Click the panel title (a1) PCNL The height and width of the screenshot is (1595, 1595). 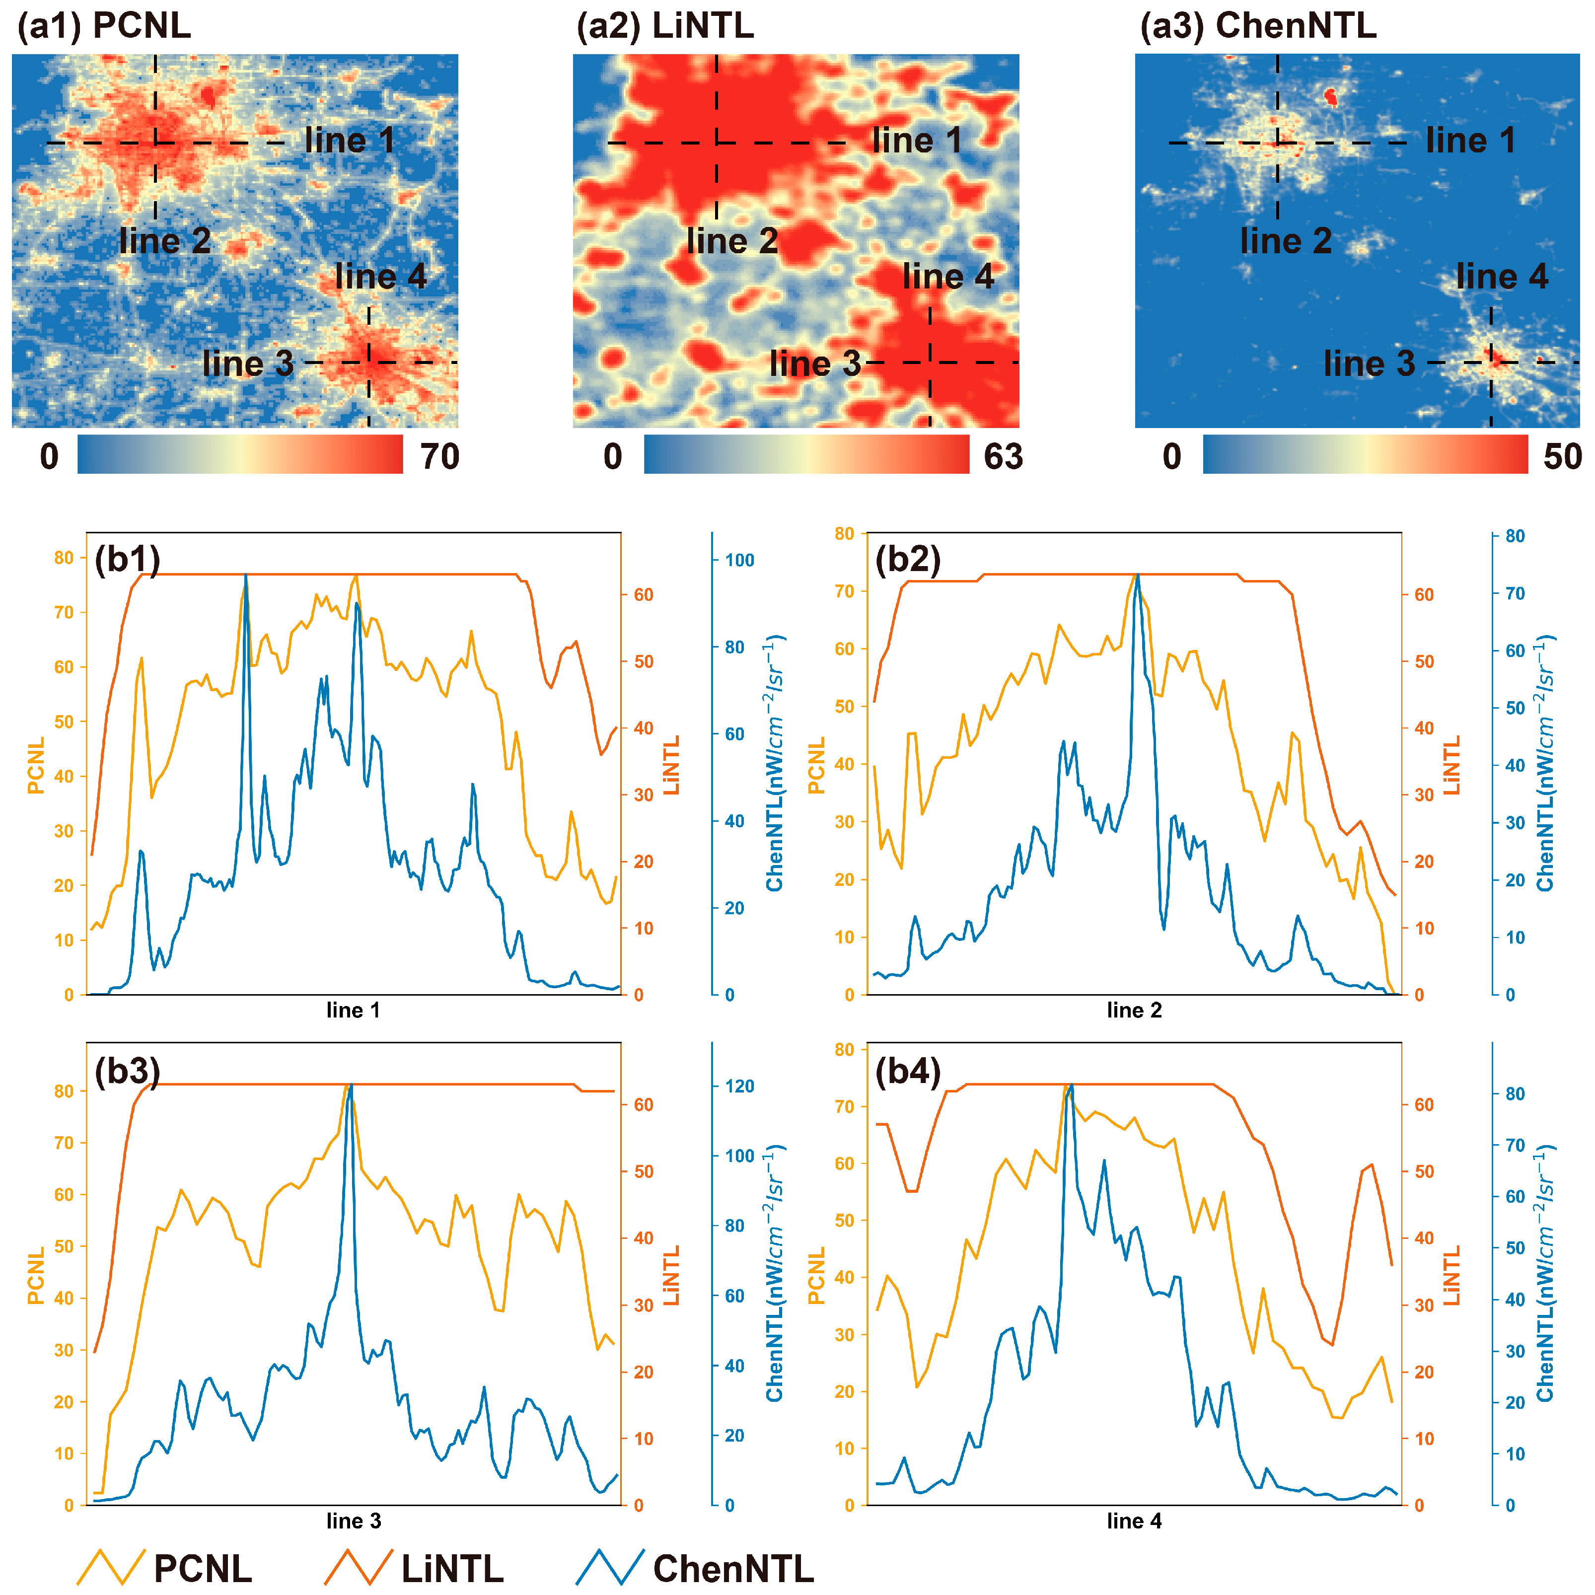point(104,26)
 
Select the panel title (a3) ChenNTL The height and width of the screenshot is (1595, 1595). point(1257,26)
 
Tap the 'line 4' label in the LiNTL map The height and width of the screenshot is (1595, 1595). point(948,277)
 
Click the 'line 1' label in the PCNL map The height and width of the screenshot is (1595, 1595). point(349,141)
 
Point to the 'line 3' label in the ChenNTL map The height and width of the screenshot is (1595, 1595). point(1369,364)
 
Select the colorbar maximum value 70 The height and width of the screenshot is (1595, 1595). point(439,456)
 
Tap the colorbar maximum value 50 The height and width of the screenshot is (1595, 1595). point(1562,456)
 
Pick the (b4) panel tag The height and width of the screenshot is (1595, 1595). point(907,1072)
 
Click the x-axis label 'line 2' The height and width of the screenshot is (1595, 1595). point(1134,1011)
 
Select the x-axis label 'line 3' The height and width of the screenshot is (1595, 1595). point(354,1521)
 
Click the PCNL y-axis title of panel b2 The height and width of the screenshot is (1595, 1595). point(816,765)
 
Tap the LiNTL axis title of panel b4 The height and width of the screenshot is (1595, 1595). point(1451,1276)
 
